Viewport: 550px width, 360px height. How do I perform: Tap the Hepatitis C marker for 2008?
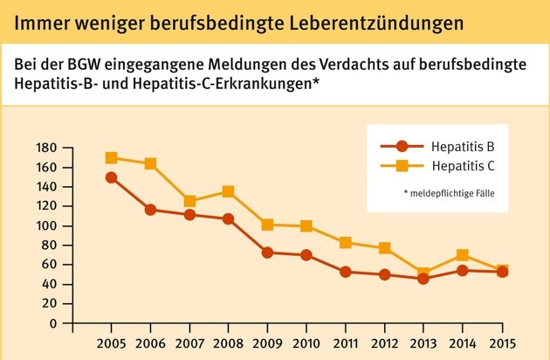(228, 191)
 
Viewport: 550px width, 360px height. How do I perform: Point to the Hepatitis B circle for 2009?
(268, 253)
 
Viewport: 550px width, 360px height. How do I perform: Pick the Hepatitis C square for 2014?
(463, 255)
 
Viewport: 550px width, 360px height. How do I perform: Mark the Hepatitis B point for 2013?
(424, 279)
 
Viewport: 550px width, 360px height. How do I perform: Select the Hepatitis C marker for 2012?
(384, 249)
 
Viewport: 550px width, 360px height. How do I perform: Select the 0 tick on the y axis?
(53, 323)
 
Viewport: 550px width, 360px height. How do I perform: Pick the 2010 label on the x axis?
(306, 341)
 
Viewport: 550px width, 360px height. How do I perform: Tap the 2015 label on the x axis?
(502, 341)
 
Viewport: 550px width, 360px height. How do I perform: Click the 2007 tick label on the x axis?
(189, 341)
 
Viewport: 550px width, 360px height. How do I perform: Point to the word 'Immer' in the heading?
(32, 17)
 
